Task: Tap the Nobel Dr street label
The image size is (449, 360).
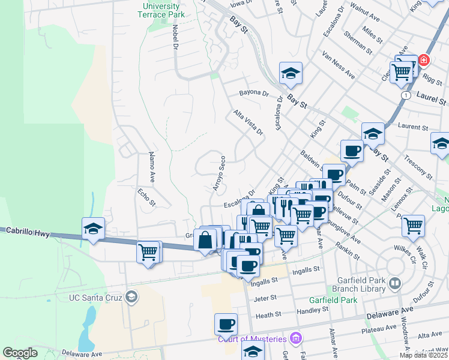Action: [176, 37]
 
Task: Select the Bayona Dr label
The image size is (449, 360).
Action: [253, 93]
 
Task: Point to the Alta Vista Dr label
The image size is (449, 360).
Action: [248, 122]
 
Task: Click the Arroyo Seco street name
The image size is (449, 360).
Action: [219, 173]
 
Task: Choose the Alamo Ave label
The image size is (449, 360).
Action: [152, 167]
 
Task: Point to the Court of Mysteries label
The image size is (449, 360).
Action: [252, 339]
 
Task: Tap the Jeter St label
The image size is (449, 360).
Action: [265, 298]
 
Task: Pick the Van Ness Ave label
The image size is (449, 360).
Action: [338, 64]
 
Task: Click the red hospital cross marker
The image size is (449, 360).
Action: [424, 60]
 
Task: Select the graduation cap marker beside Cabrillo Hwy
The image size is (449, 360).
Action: [93, 229]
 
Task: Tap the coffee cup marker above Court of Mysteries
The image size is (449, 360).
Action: [226, 324]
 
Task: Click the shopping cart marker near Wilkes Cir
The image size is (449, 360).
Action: [413, 226]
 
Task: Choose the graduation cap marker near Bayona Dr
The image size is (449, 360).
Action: [291, 73]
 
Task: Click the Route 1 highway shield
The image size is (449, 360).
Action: [407, 95]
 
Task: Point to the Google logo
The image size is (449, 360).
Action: [20, 353]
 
